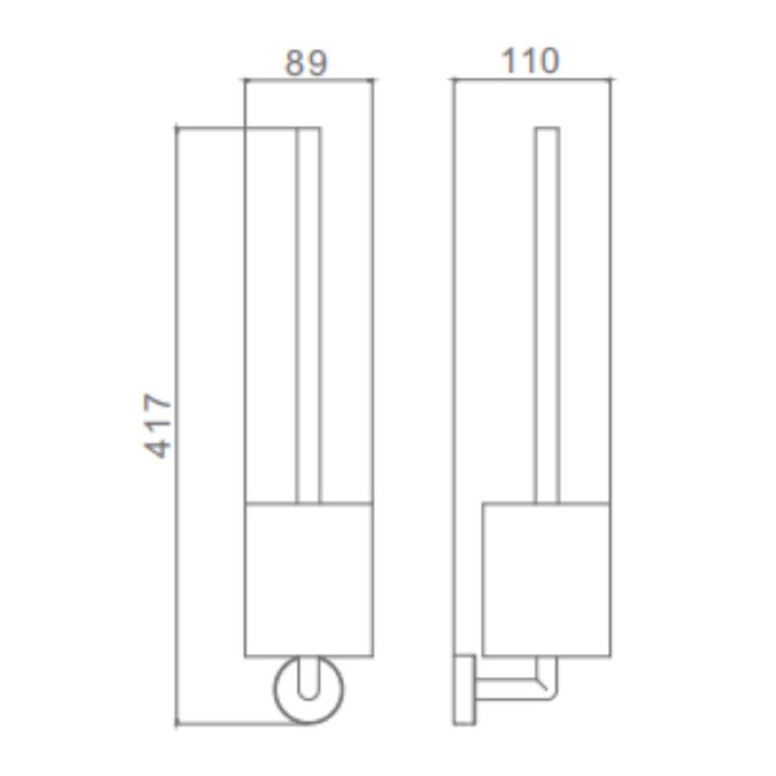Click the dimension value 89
[x=306, y=63]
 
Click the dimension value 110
[x=530, y=61]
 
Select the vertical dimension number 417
[x=158, y=425]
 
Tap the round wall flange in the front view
[x=275, y=690]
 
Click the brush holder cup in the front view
[x=309, y=580]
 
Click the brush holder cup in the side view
[x=547, y=580]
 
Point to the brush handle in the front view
[x=309, y=316]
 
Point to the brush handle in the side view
[x=548, y=316]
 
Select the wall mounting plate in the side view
[x=464, y=691]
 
